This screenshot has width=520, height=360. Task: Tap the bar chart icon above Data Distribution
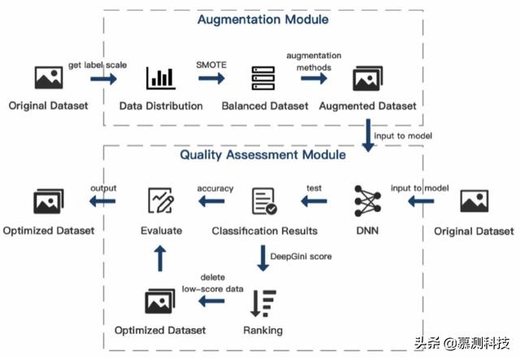(160, 78)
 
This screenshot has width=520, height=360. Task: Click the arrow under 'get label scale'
(103, 79)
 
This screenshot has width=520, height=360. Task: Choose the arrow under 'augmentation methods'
(315, 79)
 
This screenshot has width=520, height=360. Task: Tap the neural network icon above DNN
(368, 201)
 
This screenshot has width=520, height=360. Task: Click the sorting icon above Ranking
(262, 302)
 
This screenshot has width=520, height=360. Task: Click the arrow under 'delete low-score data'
(213, 301)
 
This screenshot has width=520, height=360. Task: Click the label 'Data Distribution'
(161, 106)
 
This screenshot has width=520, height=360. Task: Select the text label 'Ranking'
(262, 331)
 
